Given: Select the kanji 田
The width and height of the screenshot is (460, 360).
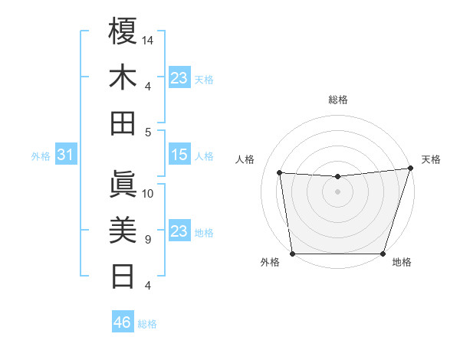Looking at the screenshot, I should tap(123, 123).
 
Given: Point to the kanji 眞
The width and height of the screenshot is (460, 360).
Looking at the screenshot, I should tap(123, 184).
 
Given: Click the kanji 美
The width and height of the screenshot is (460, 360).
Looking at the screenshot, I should tap(123, 230).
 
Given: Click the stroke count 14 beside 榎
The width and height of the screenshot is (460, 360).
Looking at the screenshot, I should tap(149, 39).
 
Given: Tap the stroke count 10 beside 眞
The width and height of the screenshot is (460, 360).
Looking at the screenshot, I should tap(149, 193).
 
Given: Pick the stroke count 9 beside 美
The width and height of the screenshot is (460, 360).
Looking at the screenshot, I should tap(147, 240).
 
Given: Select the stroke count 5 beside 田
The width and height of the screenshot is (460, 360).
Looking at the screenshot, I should tap(147, 133).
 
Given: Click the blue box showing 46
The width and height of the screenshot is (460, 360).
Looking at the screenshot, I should tap(123, 322).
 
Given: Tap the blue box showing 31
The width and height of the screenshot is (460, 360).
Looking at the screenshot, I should tap(65, 155).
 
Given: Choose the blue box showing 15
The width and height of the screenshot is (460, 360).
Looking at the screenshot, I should tap(179, 155).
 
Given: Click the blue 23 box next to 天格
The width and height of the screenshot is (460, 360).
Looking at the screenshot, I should tap(179, 78).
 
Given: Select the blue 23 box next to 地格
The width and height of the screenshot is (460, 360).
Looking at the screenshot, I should tap(179, 232).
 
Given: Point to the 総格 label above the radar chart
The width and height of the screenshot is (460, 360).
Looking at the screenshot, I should tap(338, 100).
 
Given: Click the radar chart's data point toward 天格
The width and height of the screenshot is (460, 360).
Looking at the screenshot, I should tap(409, 169).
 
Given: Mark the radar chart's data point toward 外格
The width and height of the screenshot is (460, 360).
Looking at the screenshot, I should tap(293, 254).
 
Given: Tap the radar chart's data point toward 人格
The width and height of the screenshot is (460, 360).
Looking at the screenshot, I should tap(280, 172).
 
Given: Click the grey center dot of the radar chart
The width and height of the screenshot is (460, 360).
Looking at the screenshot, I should tap(338, 191).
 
